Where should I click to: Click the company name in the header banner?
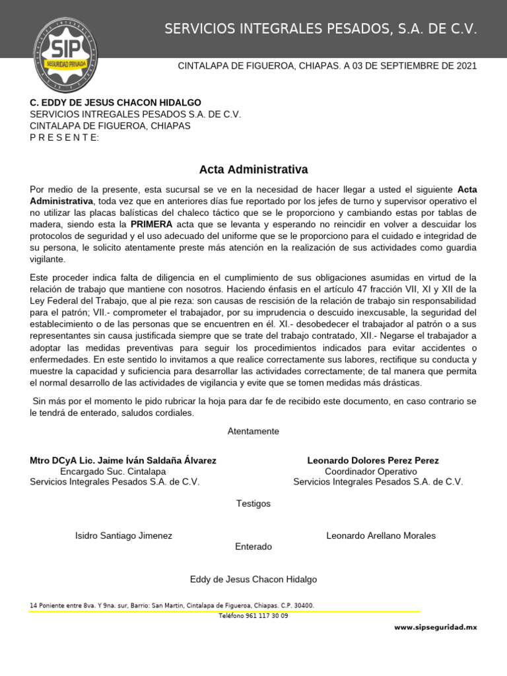320,29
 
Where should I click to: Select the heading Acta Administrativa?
253,170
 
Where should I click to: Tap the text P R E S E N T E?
65,137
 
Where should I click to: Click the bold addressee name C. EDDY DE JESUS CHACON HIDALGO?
116,103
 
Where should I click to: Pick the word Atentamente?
253,431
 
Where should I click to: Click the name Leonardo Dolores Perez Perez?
373,460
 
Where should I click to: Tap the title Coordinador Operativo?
371,471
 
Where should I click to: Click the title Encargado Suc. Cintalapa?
113,471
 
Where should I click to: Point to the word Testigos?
253,504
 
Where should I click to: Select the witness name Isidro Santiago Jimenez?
123,536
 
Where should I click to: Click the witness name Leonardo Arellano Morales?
381,535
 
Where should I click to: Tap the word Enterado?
253,547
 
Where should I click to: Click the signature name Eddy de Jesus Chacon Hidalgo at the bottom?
253,580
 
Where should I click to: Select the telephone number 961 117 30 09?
267,616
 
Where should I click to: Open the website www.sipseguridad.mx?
435,627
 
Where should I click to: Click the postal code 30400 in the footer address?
302,605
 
